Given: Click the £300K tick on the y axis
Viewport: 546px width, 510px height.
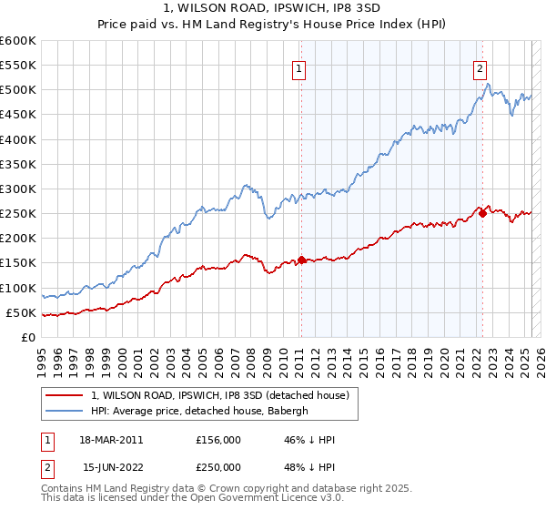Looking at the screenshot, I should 17,189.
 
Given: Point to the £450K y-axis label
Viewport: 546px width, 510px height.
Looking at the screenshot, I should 17,115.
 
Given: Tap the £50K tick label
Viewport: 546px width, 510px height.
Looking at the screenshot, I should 21,312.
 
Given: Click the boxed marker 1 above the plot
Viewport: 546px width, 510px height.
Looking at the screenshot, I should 299,66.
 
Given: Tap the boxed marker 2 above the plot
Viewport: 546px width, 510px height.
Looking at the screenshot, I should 480,66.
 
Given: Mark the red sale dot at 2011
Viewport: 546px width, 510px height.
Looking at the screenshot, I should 301,260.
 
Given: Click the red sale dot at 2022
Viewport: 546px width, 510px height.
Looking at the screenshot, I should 482,213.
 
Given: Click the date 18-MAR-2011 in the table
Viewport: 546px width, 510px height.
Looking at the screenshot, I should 112,440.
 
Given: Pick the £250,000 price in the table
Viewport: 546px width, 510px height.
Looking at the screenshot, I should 218,468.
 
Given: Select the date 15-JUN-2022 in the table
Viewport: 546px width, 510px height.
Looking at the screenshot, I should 112,468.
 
